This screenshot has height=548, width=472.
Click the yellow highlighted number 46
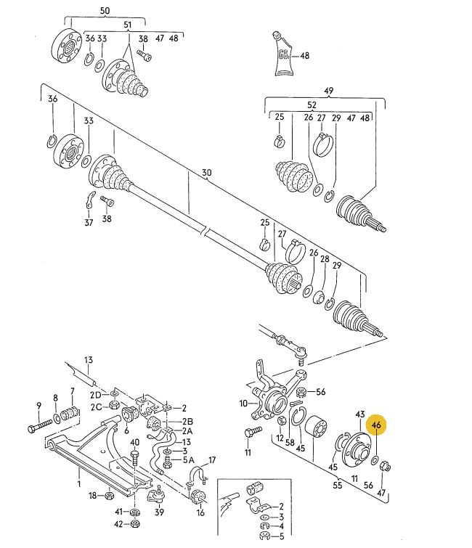point(376,425)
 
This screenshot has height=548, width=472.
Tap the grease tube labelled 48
point(282,54)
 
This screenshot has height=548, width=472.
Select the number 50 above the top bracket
point(105,11)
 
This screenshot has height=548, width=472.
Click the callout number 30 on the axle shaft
point(207,173)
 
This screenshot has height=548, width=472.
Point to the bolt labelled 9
point(39,425)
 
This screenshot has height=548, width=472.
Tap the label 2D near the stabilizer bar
point(95,395)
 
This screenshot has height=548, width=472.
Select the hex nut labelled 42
point(134,524)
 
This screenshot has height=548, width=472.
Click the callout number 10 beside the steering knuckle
point(244,404)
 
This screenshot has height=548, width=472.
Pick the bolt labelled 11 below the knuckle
point(253,433)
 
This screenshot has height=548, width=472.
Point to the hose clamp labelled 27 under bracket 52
point(322,144)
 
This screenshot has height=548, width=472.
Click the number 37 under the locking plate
point(89,222)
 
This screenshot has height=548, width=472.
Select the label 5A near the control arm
point(188,460)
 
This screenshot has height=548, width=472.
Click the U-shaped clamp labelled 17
point(198,475)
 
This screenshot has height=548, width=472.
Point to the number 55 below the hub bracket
point(338,485)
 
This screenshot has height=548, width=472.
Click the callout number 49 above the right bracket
point(329,91)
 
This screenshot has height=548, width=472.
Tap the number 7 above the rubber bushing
point(73,390)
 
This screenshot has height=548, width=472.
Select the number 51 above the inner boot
point(128,25)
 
